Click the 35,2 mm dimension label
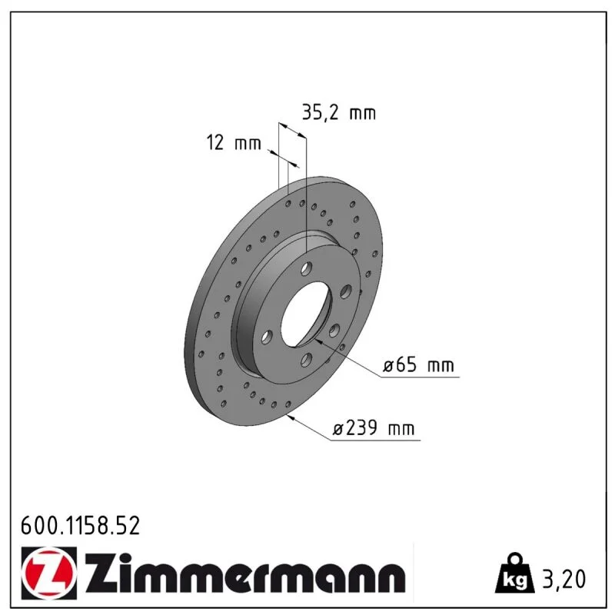[339, 112]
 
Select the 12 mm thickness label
[234, 143]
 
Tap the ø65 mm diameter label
[418, 365]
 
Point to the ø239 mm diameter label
[374, 428]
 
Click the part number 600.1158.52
[80, 526]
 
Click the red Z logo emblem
[49, 573]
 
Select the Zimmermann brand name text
[245, 573]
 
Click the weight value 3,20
[563, 579]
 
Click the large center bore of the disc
[306, 315]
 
